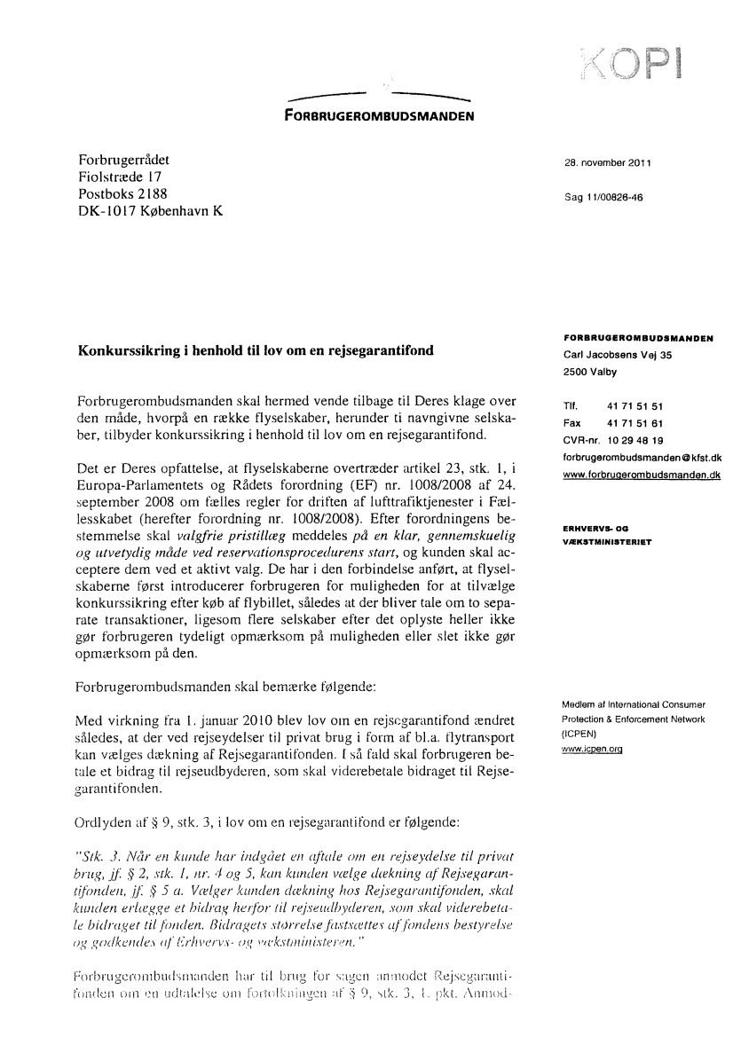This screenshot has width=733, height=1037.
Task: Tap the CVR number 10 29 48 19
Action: (632, 441)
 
